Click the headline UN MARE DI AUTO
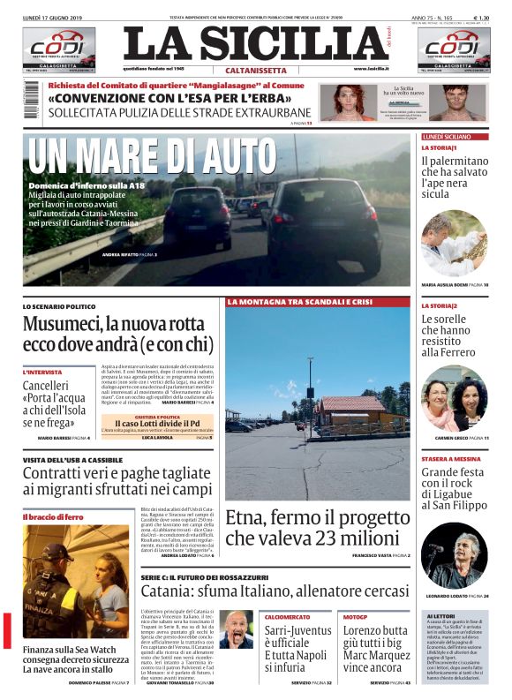coord(153,157)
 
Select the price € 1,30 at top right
coord(482,18)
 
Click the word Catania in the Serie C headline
coord(169,591)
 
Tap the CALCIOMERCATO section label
coord(287,616)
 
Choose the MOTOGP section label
coord(355,616)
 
